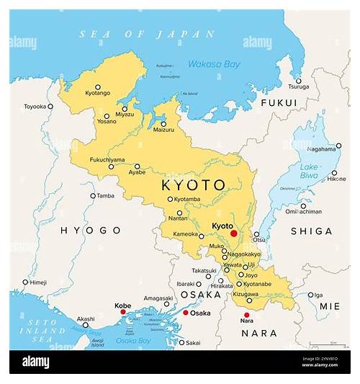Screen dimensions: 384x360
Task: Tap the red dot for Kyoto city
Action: [233, 233]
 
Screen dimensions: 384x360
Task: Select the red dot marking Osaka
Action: [185, 313]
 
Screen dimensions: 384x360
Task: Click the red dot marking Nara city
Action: [246, 315]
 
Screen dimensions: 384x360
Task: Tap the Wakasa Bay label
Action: [215, 63]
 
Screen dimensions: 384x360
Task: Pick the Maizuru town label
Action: [163, 129]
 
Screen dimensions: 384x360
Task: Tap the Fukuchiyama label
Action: [107, 159]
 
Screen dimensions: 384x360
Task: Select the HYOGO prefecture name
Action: [91, 230]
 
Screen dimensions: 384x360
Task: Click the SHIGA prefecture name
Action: [310, 231]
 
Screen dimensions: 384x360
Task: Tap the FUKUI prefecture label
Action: [278, 103]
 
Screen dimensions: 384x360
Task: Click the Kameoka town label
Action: [184, 235]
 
